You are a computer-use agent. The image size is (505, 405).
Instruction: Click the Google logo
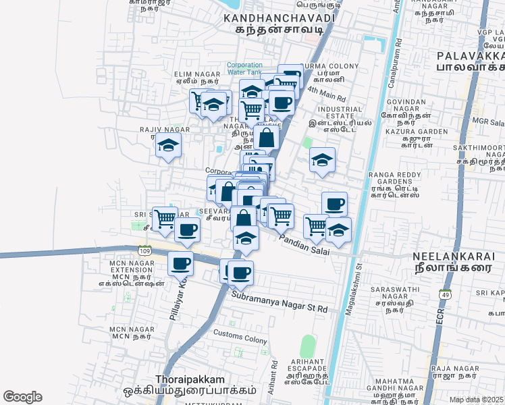pos(22,397)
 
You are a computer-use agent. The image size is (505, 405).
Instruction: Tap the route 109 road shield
pos(144,250)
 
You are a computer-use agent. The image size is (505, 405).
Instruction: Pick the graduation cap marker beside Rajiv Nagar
pos(168,145)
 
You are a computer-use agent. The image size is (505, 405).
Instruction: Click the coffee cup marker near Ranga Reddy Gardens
pos(334,203)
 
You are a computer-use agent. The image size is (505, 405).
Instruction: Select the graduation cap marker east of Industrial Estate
pos(322,161)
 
